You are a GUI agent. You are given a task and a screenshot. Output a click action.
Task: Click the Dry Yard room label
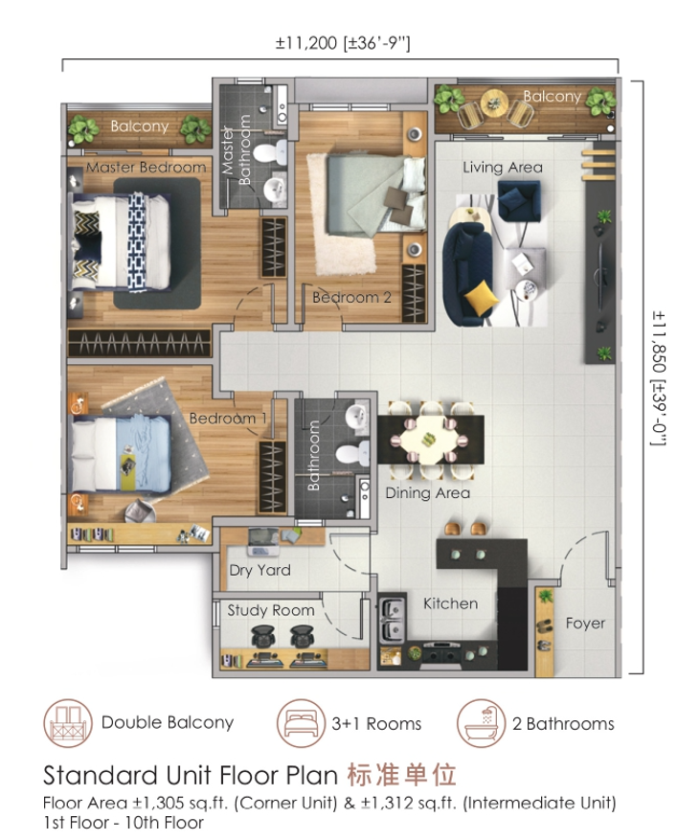tap(260, 570)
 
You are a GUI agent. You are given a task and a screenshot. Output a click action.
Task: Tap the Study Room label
tap(270, 610)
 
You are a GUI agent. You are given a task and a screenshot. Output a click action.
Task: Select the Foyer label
tap(585, 623)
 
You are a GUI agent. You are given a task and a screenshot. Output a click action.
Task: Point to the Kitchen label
tap(450, 603)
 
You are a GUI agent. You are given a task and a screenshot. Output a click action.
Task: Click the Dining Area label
tap(427, 493)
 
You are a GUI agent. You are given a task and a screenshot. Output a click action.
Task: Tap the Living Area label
tap(503, 168)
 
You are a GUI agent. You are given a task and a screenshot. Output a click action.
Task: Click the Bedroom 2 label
tap(351, 297)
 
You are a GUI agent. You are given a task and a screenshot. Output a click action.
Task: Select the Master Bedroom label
tap(146, 168)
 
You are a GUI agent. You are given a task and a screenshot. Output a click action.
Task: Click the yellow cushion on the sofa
tap(477, 297)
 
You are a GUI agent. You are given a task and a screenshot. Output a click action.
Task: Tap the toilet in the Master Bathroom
tap(270, 152)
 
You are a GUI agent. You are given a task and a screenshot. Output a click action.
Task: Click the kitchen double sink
tap(392, 620)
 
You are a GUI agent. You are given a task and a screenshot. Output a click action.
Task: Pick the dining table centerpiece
tap(428, 440)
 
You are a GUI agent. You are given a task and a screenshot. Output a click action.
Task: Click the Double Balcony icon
tap(68, 723)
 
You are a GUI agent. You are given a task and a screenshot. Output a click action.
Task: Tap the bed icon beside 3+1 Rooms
tap(301, 723)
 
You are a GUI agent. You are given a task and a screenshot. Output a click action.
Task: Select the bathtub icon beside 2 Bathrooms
tap(481, 723)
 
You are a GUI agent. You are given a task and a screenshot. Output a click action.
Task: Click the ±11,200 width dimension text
tap(343, 43)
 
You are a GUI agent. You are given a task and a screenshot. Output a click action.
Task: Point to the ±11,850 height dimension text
tap(659, 378)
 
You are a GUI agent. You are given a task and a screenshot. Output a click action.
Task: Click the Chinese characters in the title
tap(401, 775)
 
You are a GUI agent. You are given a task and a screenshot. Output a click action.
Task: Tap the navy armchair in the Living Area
tap(518, 200)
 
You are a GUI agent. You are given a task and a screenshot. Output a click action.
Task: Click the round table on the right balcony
tap(494, 102)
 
